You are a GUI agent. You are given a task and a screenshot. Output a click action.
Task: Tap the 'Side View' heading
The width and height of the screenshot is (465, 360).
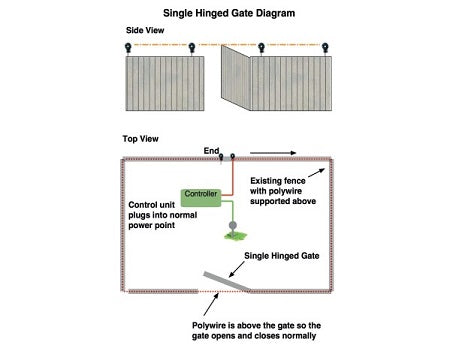point(146,30)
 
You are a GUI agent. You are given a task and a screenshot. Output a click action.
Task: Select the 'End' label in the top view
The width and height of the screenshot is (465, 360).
point(211,151)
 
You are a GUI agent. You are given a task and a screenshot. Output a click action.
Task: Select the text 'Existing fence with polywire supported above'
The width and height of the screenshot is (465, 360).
point(283,190)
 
